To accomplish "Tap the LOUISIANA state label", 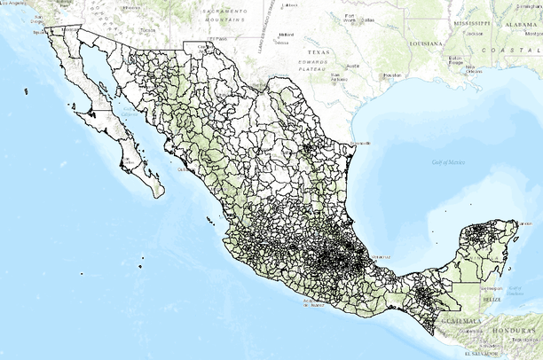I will pos(426,43).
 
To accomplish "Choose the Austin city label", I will pos(353,65).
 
